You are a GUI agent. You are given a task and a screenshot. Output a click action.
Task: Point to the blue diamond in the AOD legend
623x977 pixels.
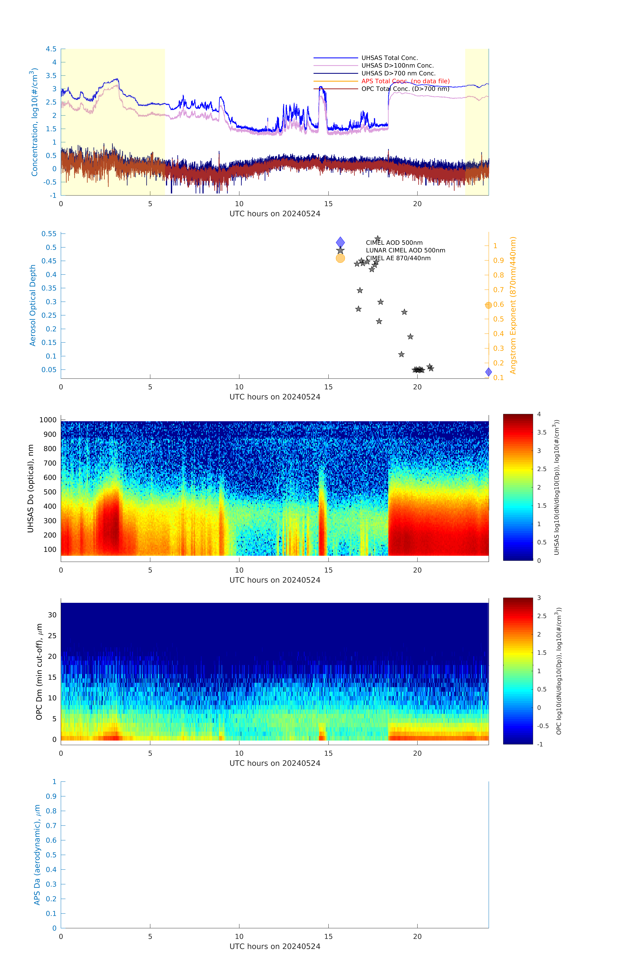click(x=340, y=242)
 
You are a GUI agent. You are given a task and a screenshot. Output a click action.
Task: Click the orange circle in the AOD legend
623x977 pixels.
click(x=340, y=258)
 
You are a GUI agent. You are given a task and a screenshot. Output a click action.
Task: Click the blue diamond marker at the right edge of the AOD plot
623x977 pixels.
click(x=488, y=372)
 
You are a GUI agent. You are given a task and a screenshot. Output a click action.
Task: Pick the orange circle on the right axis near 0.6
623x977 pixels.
click(x=488, y=305)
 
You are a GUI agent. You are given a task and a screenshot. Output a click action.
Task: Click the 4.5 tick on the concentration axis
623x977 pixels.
click(x=51, y=49)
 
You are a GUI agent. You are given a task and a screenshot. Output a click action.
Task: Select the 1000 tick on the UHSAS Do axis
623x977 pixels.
click(x=48, y=420)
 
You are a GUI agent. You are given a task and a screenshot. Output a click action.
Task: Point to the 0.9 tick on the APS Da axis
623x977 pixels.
click(x=51, y=796)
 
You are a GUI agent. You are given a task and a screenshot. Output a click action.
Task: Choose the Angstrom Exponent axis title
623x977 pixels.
click(x=513, y=305)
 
